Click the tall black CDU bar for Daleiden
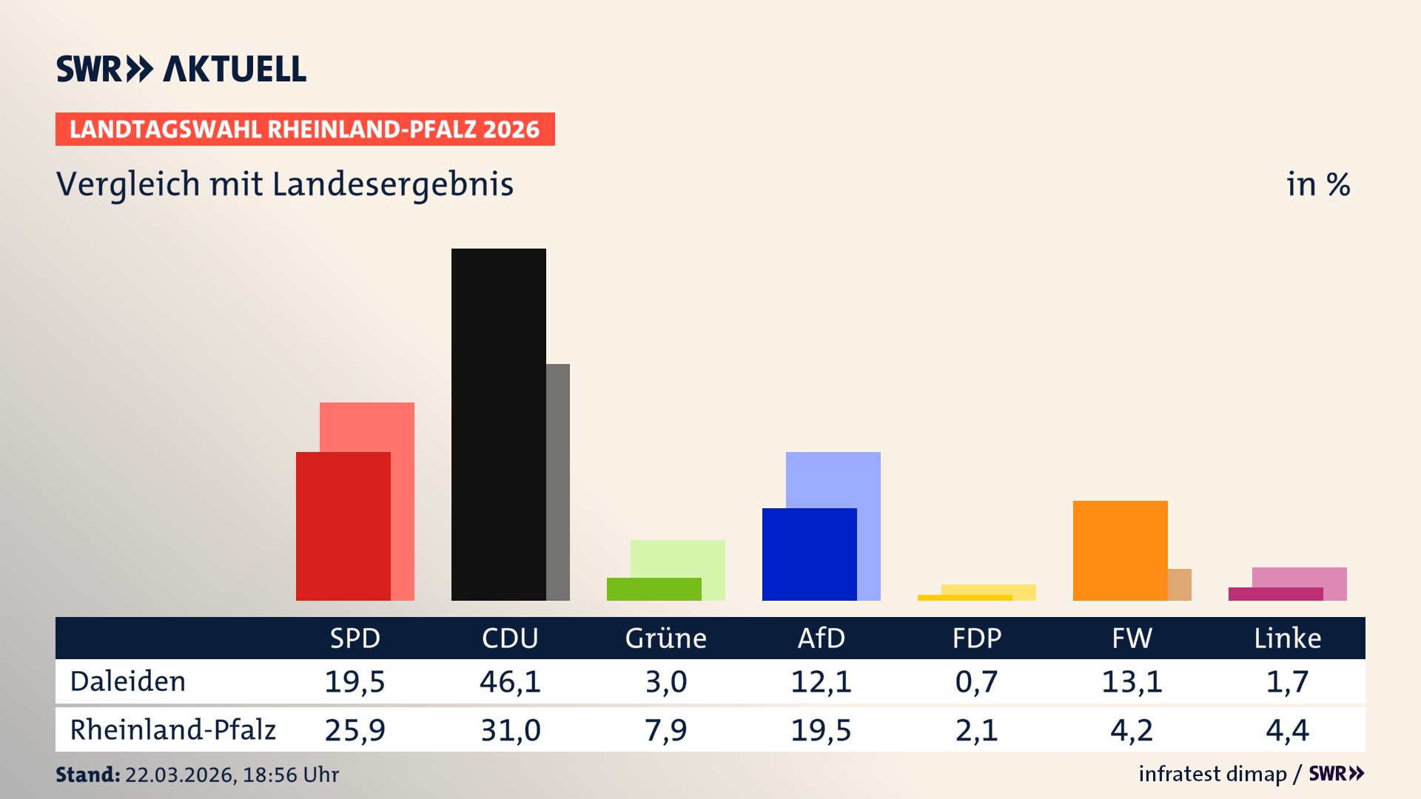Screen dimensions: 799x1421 coord(498,424)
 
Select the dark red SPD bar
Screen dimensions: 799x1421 coord(343,526)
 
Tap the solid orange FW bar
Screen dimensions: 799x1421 coord(1120,550)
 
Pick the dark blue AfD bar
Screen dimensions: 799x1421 coord(809,554)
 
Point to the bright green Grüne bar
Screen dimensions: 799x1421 coord(654,589)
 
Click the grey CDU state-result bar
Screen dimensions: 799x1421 coord(558,482)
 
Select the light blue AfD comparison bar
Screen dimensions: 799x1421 coord(833,479)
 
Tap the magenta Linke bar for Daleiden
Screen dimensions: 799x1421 coord(1275,594)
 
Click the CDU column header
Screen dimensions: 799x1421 coord(510,638)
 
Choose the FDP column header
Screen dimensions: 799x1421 coord(976,638)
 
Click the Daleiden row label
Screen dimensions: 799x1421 coord(128,681)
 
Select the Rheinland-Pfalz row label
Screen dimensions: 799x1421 coord(172,730)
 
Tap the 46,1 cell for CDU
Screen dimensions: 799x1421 coord(510,681)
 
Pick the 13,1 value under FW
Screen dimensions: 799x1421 coord(1132,681)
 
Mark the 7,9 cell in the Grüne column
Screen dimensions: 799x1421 coord(665,730)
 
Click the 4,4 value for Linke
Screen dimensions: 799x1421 coord(1287,730)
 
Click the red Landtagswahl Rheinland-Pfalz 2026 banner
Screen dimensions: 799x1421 coord(305,129)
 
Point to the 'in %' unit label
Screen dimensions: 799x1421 coord(1318,184)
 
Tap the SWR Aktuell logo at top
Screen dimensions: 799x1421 coord(181,69)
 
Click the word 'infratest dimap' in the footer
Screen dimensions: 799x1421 coord(1212,774)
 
